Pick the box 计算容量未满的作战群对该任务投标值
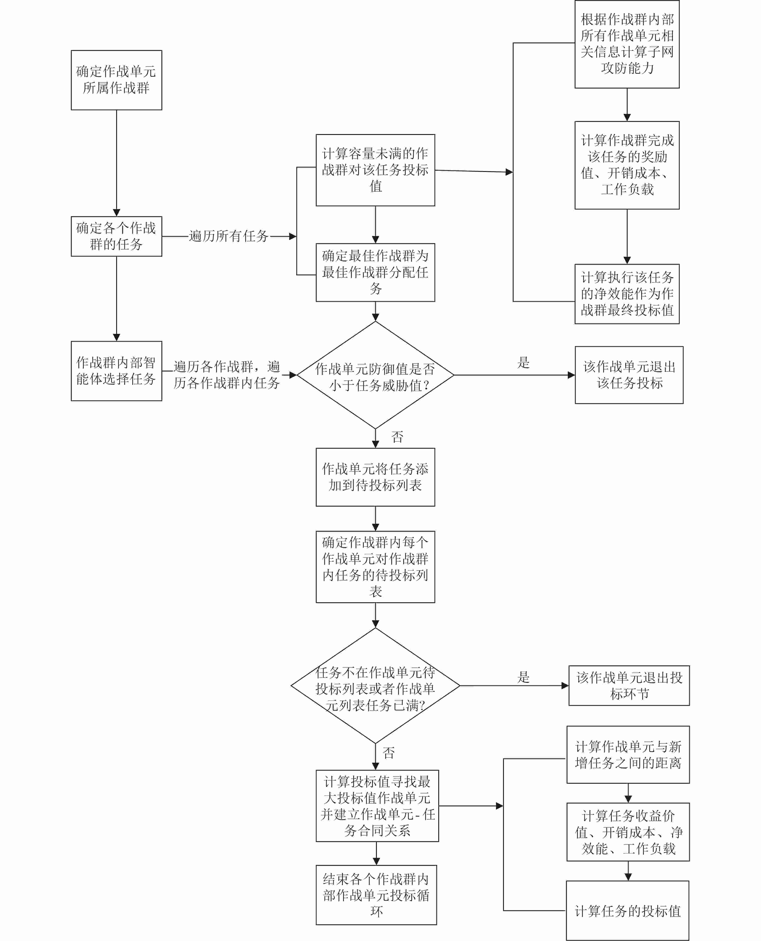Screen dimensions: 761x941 point(375,170)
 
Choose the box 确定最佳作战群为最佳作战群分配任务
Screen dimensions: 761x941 point(375,272)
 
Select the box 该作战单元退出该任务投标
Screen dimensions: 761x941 point(629,375)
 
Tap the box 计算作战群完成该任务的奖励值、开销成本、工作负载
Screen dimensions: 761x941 point(627,165)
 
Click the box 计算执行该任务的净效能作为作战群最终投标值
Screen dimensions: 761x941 point(627,294)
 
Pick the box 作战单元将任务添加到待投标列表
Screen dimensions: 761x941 point(375,477)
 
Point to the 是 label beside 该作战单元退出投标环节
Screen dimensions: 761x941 point(523,677)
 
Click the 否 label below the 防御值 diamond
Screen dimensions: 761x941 point(397,437)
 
